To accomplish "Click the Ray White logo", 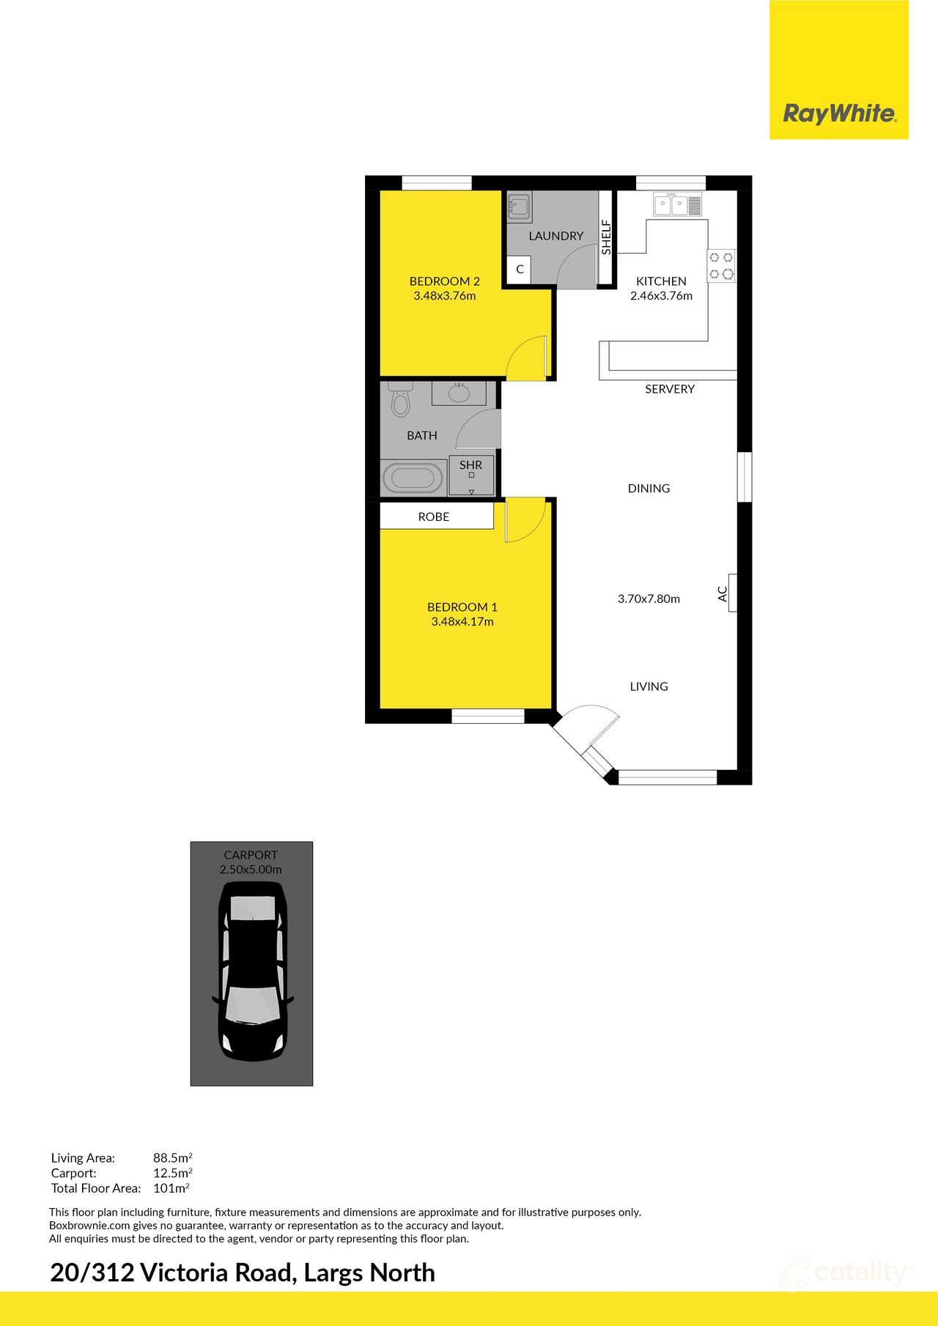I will pos(838,114).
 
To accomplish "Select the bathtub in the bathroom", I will pos(413,478).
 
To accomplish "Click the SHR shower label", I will pos(470,465).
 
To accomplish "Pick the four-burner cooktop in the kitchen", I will pos(721,266).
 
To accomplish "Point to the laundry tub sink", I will pos(520,207).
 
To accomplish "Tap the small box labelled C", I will pos(520,270).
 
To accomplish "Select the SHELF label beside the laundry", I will pos(606,237).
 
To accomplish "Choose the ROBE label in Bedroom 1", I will pos(434,517).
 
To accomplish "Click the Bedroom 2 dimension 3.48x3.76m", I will pos(445,296).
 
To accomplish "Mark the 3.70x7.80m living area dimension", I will pos(649,599).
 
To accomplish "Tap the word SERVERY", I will pos(669,389).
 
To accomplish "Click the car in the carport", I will pos(253,971).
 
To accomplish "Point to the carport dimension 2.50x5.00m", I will pos(251,870).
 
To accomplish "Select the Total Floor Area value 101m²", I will pos(171,1188).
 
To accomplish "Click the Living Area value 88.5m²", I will pos(172,1158).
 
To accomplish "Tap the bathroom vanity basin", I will pos(459,393).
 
